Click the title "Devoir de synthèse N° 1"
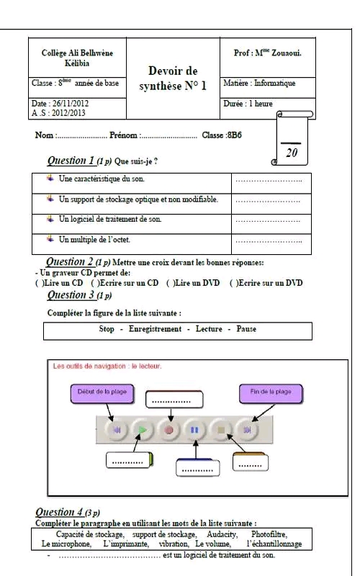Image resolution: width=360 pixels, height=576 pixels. [173, 78]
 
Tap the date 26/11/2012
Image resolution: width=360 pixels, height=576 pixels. [71, 103]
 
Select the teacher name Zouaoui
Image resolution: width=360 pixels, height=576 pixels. [287, 53]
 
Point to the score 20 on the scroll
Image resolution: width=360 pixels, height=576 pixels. [292, 153]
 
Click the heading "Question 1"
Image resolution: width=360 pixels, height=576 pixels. [71, 161]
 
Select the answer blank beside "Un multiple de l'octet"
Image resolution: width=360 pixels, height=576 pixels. [269, 241]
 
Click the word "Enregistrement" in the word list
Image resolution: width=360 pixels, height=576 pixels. [155, 329]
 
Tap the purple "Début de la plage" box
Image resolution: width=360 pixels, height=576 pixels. [102, 393]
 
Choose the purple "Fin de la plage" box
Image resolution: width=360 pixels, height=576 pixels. [271, 393]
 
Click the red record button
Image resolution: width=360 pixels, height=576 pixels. [169, 429]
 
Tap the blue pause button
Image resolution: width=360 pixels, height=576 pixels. [194, 429]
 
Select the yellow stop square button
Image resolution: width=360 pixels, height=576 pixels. [221, 429]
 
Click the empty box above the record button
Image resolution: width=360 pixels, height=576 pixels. [174, 400]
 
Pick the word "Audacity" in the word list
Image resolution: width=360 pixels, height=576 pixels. [222, 534]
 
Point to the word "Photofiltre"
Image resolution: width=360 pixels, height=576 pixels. [269, 534]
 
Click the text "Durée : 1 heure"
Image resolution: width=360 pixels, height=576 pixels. [248, 104]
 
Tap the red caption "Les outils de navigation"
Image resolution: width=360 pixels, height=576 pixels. [89, 366]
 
